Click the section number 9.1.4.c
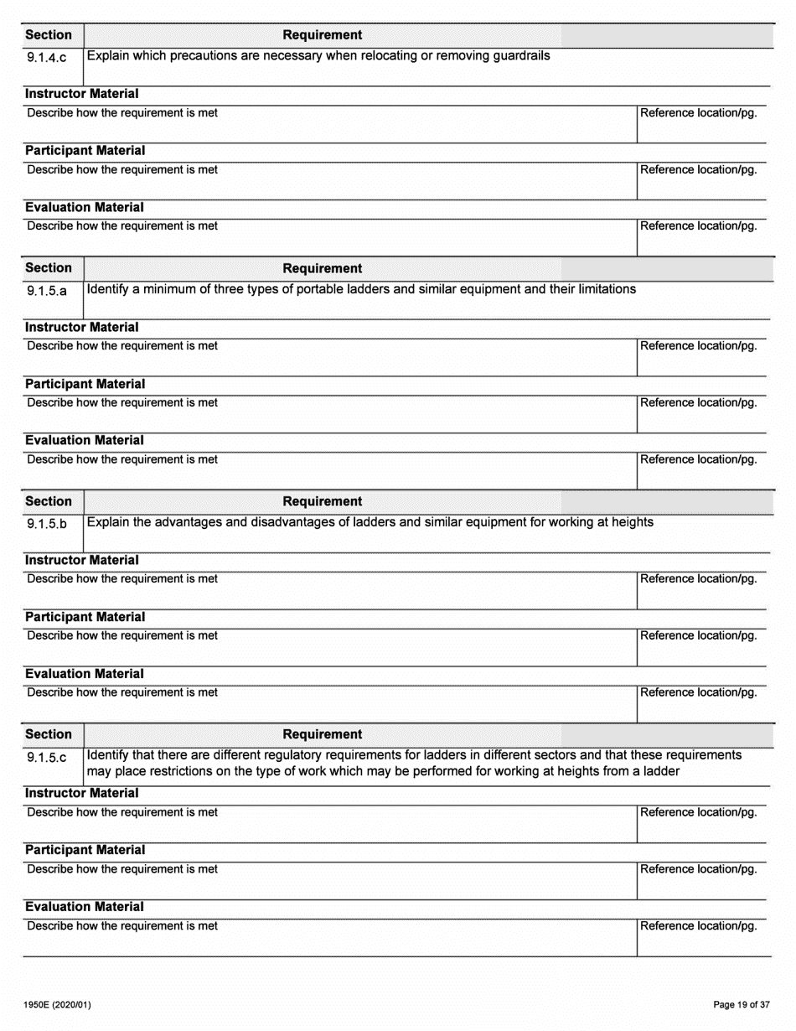click(x=47, y=58)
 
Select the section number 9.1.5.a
click(x=47, y=292)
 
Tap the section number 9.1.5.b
click(x=47, y=525)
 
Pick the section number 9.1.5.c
click(x=47, y=758)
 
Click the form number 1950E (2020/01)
click(x=58, y=1005)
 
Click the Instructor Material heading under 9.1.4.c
click(x=82, y=94)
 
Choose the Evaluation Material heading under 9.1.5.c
click(x=85, y=907)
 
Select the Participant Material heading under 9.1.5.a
click(x=85, y=384)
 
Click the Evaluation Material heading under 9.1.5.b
click(x=85, y=674)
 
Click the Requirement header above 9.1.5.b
click(x=323, y=501)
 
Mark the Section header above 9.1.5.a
click(x=49, y=268)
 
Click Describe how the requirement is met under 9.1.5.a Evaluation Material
click(x=122, y=459)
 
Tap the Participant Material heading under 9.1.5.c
click(x=85, y=850)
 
